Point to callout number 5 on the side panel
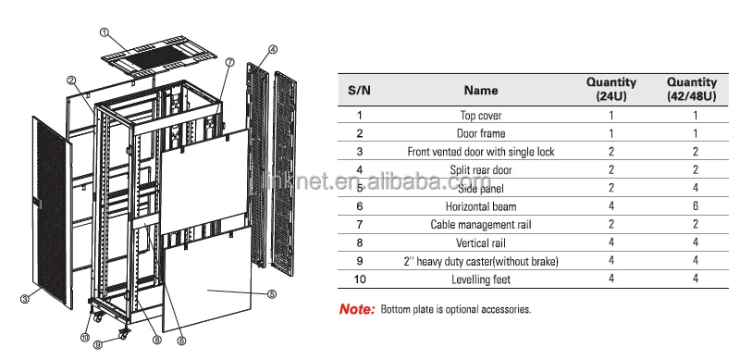[272, 295]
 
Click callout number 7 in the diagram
[228, 62]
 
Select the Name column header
[480, 91]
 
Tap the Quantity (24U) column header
[611, 89]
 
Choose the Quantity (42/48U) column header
[691, 89]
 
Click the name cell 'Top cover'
[481, 116]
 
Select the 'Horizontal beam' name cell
[481, 206]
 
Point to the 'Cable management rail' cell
[481, 225]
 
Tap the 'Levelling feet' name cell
[481, 279]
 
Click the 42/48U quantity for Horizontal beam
[691, 206]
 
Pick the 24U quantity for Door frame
[611, 133]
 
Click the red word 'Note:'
[356, 309]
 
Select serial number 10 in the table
[359, 279]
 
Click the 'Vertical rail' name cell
[481, 243]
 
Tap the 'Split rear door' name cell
[481, 170]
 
